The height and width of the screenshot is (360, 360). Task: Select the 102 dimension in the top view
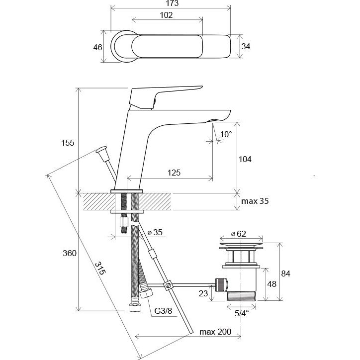tap(167, 15)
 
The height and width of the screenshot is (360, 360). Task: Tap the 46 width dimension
tap(97, 47)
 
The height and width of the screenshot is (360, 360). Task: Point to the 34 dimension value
tap(245, 47)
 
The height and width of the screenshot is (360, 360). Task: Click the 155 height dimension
tap(68, 143)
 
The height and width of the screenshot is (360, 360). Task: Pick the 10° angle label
tap(226, 134)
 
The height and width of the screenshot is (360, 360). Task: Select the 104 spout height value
tap(246, 160)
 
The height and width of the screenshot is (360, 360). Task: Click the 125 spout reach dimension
tap(173, 173)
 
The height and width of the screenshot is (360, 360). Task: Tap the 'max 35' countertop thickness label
tap(255, 201)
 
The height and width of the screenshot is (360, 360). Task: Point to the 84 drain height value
tap(285, 273)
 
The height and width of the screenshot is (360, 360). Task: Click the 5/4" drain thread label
tap(242, 313)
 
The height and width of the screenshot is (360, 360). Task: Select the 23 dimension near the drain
tap(203, 294)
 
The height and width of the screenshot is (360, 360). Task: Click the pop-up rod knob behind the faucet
tap(103, 151)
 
